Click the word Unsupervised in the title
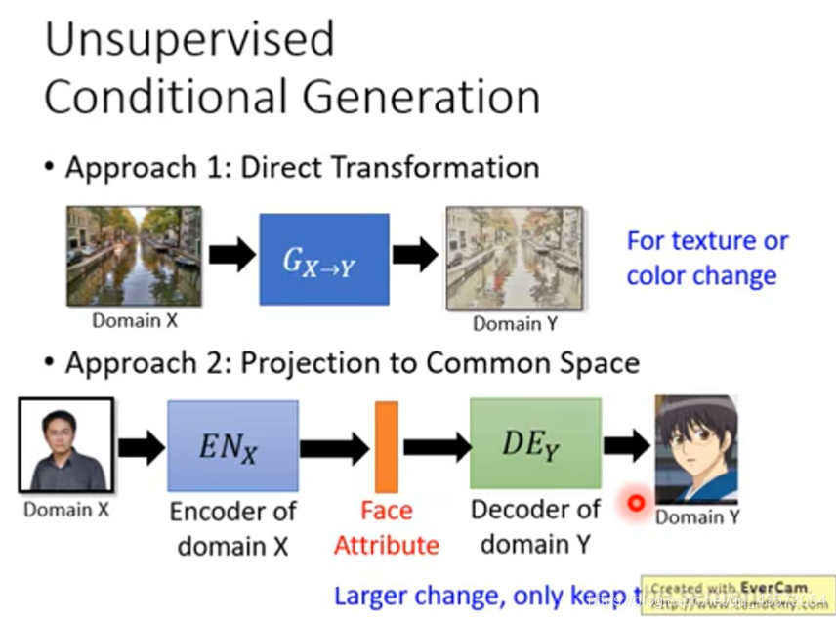coord(189,40)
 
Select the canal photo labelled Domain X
coord(134,256)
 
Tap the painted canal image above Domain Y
coord(514,258)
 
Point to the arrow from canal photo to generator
coord(230,256)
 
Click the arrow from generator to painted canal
coord(415,256)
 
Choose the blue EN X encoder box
coord(232,445)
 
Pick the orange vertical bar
coord(386,446)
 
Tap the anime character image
coord(695,448)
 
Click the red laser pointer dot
coord(637,504)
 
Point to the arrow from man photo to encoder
coord(141,447)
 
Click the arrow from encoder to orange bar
coord(334,448)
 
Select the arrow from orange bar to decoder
coord(437,447)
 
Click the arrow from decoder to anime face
coord(626,446)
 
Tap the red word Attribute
coord(386,545)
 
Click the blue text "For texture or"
coord(707,240)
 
